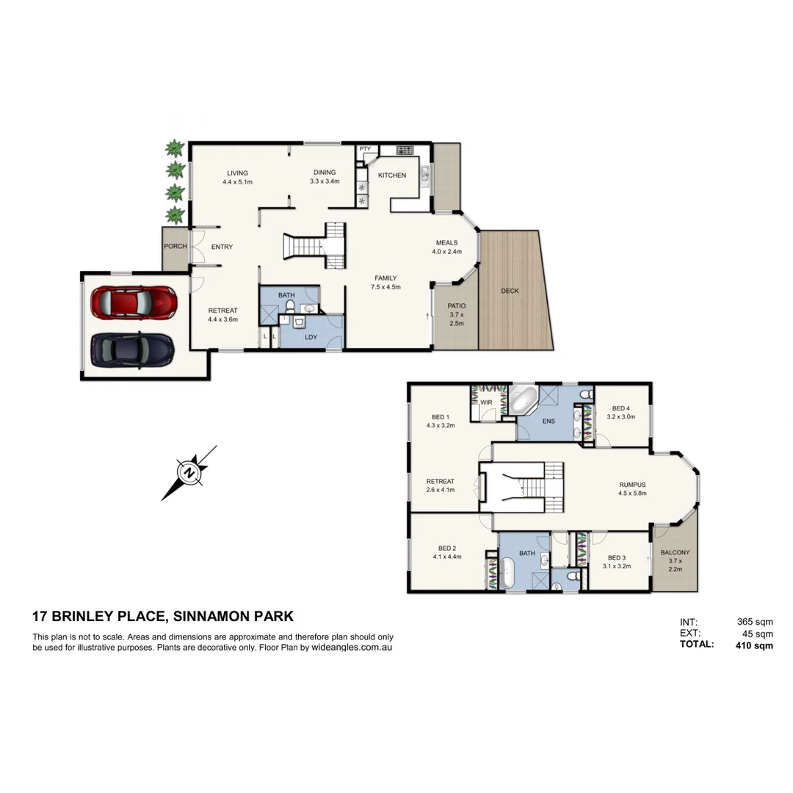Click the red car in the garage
(133, 301)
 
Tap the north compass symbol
(189, 472)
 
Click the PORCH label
(175, 247)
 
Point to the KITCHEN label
(391, 175)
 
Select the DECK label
(510, 291)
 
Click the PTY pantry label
(365, 149)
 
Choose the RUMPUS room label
(631, 485)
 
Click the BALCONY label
(675, 553)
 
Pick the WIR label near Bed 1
(486, 402)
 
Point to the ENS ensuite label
(548, 421)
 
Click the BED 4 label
(621, 408)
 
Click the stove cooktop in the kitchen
(405, 151)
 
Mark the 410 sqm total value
(754, 646)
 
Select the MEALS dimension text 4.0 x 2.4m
(446, 252)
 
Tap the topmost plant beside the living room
(175, 149)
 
